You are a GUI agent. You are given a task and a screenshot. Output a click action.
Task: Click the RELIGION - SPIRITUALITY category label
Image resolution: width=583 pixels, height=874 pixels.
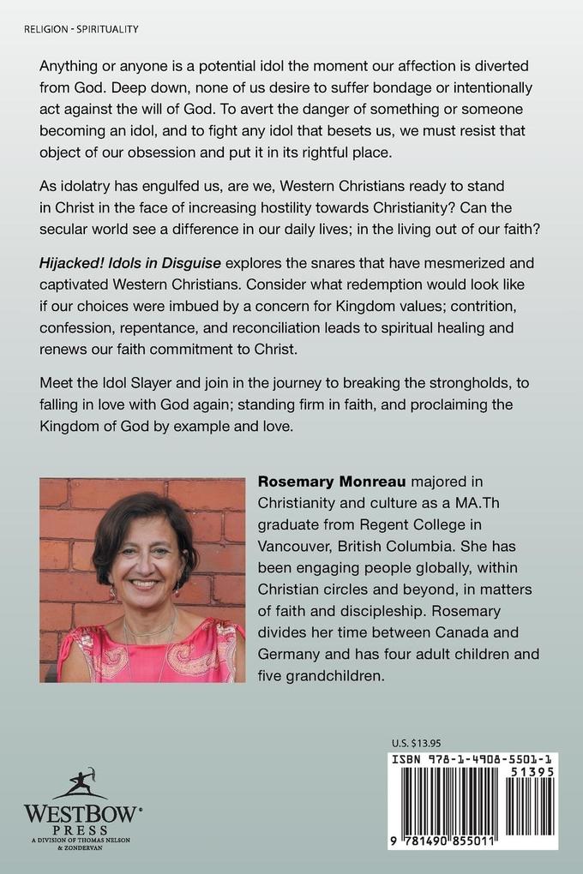76,29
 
